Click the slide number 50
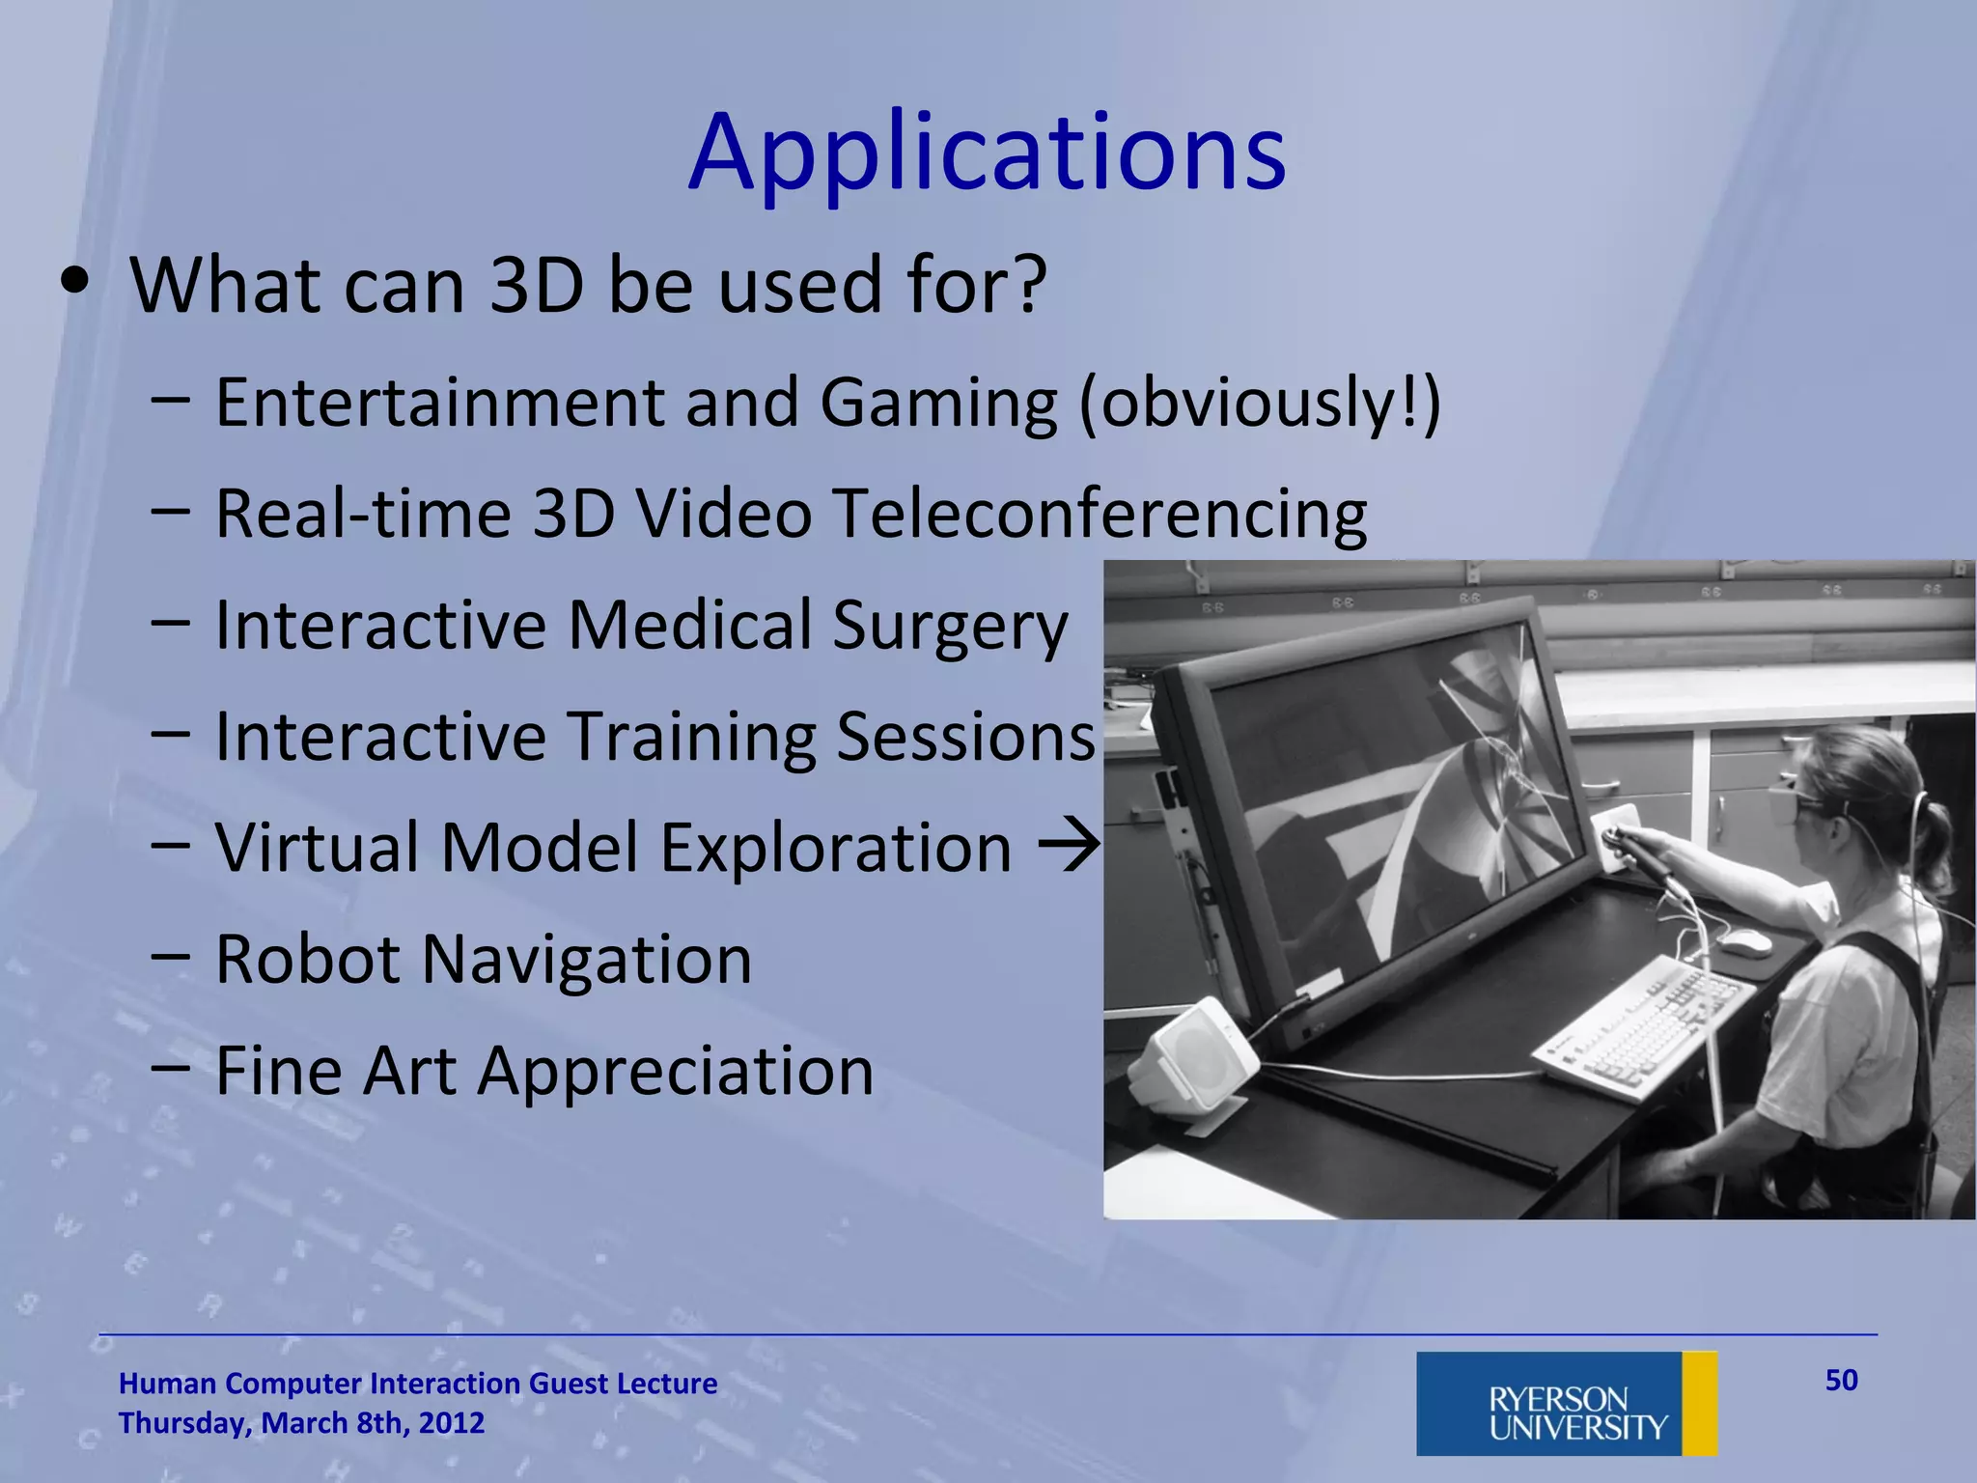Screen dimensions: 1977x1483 point(1841,1381)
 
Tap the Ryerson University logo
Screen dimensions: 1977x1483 point(1566,1403)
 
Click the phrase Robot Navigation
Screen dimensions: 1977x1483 point(483,960)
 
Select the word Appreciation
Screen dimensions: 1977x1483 point(676,1072)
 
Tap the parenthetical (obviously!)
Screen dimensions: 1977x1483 point(1259,404)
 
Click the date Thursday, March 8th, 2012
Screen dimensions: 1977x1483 point(301,1423)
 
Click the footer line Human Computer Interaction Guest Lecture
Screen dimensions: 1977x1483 point(417,1384)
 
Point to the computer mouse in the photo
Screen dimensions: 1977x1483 point(1745,941)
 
